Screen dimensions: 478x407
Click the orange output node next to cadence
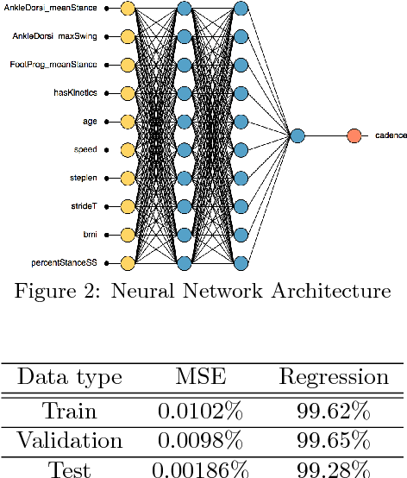pos(354,135)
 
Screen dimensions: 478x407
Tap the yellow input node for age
pos(128,122)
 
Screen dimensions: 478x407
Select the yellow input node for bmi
pos(128,235)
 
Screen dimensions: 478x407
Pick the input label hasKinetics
pos(75,93)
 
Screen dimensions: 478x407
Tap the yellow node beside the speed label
pos(128,150)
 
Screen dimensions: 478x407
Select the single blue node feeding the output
pos(297,135)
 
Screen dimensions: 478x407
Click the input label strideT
pos(84,206)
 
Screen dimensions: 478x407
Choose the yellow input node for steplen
pos(128,178)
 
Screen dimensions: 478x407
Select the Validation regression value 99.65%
pos(333,442)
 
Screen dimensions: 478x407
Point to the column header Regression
pos(333,377)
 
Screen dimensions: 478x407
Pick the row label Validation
pos(70,442)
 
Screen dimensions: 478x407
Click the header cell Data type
pos(70,377)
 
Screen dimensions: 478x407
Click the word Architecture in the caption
pos(332,292)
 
